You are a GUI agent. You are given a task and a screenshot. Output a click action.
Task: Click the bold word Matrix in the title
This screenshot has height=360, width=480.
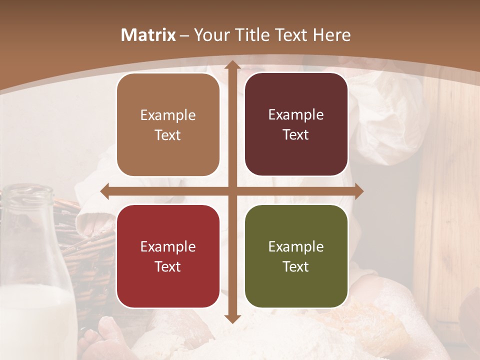tap(148, 35)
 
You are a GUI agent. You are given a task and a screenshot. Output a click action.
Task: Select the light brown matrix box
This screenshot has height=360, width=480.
tap(168, 125)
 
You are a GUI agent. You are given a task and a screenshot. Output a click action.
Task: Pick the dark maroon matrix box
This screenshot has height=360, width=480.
tap(296, 124)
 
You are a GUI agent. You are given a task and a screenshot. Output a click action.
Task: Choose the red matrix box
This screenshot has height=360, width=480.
tap(168, 256)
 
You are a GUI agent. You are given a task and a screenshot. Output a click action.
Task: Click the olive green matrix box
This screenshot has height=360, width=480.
tap(296, 256)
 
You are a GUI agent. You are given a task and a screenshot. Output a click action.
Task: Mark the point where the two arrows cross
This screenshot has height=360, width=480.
tap(232, 191)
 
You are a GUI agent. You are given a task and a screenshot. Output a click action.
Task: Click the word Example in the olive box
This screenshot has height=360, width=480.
tap(296, 246)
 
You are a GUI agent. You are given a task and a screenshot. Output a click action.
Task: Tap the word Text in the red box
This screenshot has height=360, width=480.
tap(168, 266)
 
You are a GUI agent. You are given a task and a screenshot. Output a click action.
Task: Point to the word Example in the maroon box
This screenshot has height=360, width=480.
tap(296, 114)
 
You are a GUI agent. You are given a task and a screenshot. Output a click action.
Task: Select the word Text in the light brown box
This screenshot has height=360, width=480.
tap(168, 135)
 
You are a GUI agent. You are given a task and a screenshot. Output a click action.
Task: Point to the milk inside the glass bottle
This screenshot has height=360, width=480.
tap(35, 320)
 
